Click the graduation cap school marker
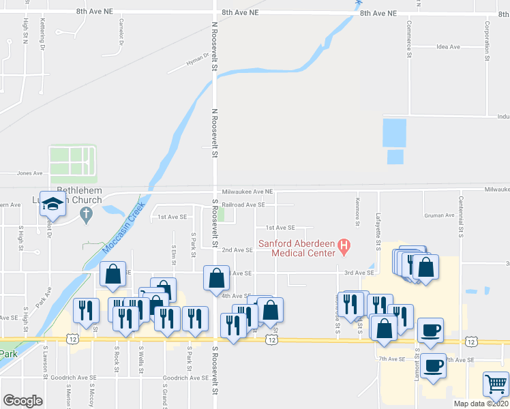(x=52, y=203)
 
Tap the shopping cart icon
(x=495, y=384)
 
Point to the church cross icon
(x=86, y=215)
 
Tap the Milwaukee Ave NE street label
(x=247, y=192)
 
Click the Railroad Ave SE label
(x=243, y=204)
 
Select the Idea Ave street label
(x=449, y=47)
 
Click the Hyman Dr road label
(x=198, y=62)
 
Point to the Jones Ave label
(x=29, y=173)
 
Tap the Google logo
(x=22, y=401)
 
